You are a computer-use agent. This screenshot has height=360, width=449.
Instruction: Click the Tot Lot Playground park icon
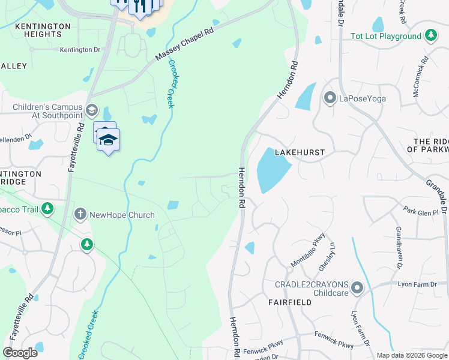[x=430, y=36]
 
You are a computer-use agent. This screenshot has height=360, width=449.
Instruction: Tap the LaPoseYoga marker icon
[x=329, y=98]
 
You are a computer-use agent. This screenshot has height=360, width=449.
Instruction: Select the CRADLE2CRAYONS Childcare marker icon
[x=357, y=289]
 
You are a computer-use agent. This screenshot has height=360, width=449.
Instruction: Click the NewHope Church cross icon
[x=80, y=214]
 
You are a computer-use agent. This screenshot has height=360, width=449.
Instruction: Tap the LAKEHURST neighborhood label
[x=300, y=153]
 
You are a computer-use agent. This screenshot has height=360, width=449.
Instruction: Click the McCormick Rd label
[x=420, y=77]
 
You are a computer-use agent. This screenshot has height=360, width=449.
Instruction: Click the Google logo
[x=20, y=353]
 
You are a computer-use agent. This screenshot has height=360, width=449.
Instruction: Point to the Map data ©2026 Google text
[x=411, y=355]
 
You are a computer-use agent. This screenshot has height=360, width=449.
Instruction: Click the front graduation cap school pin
[x=108, y=141]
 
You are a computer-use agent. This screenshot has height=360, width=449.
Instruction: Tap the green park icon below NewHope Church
[x=88, y=244]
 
